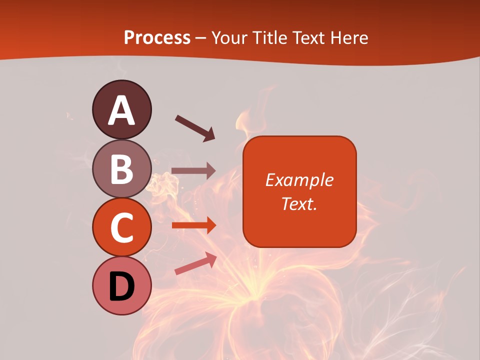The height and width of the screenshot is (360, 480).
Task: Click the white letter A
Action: pyautogui.click(x=121, y=111)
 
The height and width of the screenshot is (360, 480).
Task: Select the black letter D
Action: pyautogui.click(x=121, y=286)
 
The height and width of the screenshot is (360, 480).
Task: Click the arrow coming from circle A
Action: pyautogui.click(x=194, y=127)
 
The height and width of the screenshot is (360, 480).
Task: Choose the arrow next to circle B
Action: pyautogui.click(x=193, y=170)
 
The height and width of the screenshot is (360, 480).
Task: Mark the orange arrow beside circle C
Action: pyautogui.click(x=193, y=225)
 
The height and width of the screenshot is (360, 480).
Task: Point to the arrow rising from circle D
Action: pyautogui.click(x=195, y=263)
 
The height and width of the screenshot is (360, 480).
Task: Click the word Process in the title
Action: pyautogui.click(x=157, y=38)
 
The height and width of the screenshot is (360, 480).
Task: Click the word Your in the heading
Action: pyautogui.click(x=229, y=38)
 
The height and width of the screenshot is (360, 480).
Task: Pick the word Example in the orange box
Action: pyautogui.click(x=299, y=180)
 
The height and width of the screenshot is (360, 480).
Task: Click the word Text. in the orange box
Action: pyautogui.click(x=299, y=204)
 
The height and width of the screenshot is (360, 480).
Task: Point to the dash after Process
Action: pyautogui.click(x=200, y=38)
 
